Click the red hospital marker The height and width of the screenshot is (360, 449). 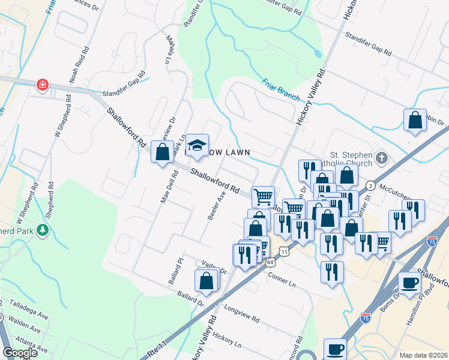[x=42, y=85]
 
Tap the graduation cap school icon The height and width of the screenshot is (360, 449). [x=196, y=146]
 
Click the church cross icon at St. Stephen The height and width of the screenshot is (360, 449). [x=382, y=158]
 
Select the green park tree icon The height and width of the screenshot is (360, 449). [x=42, y=230]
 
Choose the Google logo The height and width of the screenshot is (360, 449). [x=20, y=353]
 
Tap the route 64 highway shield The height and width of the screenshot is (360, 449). [x=271, y=262]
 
